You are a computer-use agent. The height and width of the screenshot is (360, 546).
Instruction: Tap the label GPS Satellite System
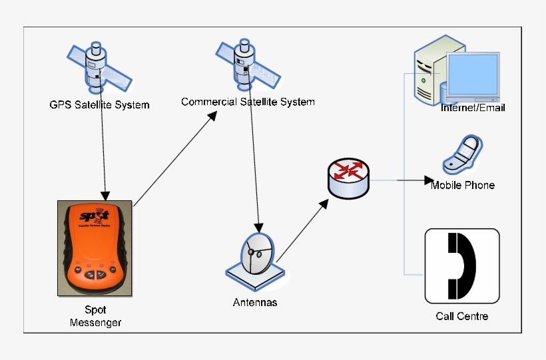[99, 104]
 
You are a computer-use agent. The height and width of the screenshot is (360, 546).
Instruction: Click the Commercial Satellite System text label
[248, 102]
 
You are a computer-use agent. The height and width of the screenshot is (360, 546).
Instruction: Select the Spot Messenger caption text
[95, 316]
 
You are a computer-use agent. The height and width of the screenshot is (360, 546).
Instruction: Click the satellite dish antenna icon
[256, 257]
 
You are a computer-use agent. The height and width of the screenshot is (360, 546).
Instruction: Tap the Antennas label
[255, 302]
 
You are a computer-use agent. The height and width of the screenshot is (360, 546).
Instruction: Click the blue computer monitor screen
[472, 75]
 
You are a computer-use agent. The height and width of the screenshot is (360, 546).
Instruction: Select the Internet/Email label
[473, 107]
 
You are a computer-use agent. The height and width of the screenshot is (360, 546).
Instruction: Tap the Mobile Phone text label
[463, 185]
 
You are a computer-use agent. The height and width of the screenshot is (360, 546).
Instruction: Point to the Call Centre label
[462, 316]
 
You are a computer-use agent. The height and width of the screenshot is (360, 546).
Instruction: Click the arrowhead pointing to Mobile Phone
[429, 180]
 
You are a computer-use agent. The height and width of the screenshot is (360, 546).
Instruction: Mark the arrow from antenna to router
[303, 230]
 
